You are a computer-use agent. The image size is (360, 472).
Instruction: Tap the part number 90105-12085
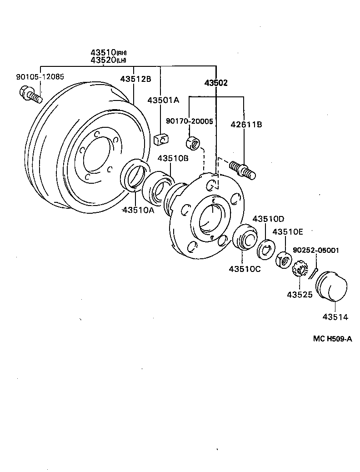(40, 77)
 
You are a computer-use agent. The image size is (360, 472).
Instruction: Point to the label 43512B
(135, 79)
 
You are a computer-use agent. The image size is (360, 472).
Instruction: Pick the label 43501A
(163, 100)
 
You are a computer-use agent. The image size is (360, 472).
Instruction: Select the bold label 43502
(216, 83)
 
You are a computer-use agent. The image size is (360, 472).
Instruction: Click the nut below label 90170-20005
(193, 143)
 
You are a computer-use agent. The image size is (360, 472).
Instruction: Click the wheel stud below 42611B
(244, 169)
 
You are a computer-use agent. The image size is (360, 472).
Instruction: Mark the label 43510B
(173, 158)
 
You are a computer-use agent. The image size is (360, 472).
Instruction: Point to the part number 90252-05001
(315, 250)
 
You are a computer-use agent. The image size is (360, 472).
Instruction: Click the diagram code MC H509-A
(332, 338)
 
